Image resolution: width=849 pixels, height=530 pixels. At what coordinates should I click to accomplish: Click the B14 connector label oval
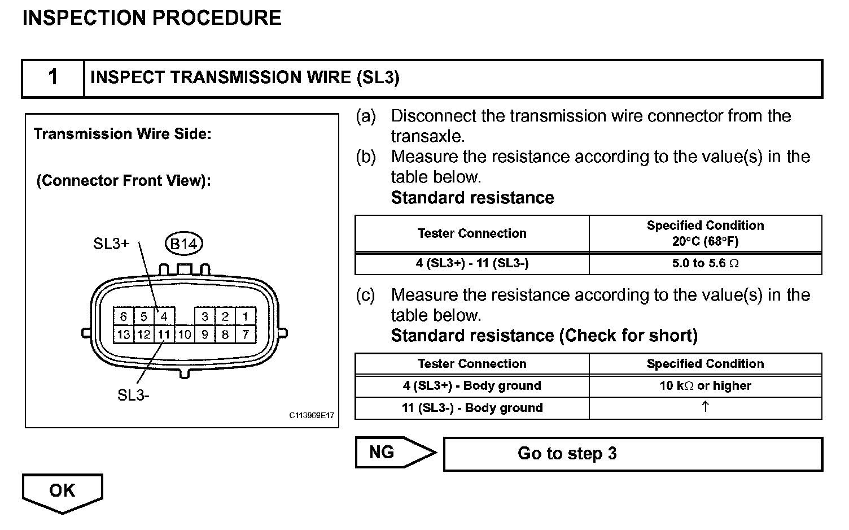pos(183,244)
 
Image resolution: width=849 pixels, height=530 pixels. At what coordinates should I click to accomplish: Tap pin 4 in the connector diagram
pos(164,316)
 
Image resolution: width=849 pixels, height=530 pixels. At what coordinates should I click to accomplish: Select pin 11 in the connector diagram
pos(164,334)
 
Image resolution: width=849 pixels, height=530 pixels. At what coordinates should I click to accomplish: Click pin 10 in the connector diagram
pos(185,334)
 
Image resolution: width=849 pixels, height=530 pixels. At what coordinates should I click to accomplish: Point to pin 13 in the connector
pos(123,334)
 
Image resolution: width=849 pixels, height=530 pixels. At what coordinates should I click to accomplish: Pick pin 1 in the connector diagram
pos(246,316)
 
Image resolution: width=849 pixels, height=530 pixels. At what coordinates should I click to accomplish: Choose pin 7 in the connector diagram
pos(246,334)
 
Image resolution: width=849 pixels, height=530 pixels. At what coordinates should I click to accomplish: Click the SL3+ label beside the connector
pos(111,244)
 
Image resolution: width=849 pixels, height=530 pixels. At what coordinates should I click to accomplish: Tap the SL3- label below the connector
pos(133,396)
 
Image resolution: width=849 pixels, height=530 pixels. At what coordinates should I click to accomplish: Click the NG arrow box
pos(390,453)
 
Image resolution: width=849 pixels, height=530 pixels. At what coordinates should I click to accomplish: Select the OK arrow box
pos(62,492)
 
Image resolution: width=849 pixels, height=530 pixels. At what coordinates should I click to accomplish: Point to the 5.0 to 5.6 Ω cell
pos(705,263)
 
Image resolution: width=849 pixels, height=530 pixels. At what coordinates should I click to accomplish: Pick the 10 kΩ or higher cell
pos(705,386)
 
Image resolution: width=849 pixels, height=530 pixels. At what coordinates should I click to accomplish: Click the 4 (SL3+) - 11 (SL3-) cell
pos(472,263)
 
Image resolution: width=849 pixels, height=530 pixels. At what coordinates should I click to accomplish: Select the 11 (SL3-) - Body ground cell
pos(472,408)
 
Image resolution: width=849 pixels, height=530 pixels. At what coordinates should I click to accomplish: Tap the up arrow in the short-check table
pos(705,407)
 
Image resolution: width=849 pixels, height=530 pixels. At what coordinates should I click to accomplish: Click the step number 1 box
pos(53,77)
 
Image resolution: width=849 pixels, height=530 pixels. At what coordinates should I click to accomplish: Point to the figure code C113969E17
pos(312,416)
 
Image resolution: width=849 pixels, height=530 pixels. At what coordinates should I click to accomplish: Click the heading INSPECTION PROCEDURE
pos(151,18)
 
